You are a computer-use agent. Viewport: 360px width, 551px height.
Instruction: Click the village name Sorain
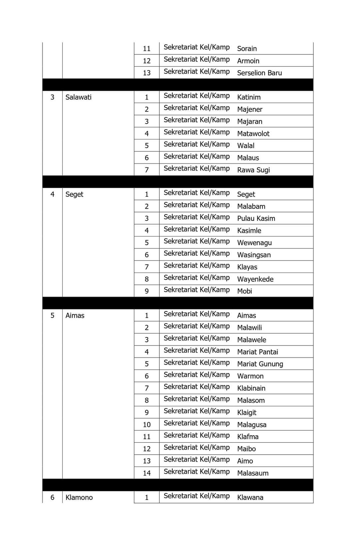click(247, 49)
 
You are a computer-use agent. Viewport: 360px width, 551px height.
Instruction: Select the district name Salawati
click(78, 97)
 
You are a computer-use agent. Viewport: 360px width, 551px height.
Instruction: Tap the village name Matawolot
click(253, 134)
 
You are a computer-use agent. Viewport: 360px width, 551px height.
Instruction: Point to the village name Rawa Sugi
click(253, 170)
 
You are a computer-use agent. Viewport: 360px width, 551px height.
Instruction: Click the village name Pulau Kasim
click(256, 218)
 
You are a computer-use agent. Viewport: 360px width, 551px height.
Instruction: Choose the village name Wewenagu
click(254, 243)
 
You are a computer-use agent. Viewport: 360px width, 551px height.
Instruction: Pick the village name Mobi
click(245, 291)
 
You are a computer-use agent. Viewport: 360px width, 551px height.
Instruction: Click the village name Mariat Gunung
click(260, 364)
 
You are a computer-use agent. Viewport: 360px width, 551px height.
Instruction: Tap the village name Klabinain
click(251, 388)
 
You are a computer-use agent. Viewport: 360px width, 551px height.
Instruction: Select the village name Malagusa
click(252, 425)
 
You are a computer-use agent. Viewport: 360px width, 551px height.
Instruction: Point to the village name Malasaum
click(253, 473)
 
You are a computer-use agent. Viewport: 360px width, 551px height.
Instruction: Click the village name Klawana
click(250, 498)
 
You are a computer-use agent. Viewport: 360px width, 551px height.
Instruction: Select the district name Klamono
click(79, 498)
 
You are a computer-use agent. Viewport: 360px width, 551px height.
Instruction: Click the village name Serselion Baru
click(259, 73)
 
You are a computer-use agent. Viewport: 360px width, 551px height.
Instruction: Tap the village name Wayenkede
click(255, 279)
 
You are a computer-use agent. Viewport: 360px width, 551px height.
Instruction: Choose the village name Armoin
click(248, 61)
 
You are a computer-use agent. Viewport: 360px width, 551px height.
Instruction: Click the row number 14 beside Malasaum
click(147, 473)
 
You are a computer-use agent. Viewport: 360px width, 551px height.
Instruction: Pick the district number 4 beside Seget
click(52, 194)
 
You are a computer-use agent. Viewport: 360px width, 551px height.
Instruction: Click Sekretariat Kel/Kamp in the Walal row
click(197, 144)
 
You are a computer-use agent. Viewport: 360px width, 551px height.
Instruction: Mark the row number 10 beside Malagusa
click(147, 425)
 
